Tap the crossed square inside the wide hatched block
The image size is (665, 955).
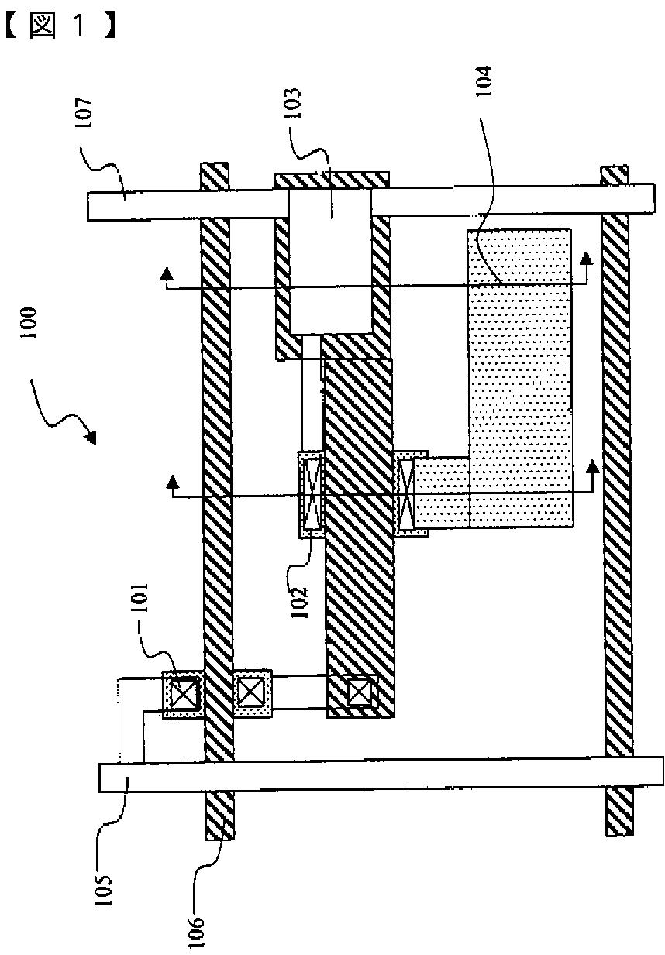(358, 691)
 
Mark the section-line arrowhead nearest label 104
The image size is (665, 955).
(587, 258)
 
